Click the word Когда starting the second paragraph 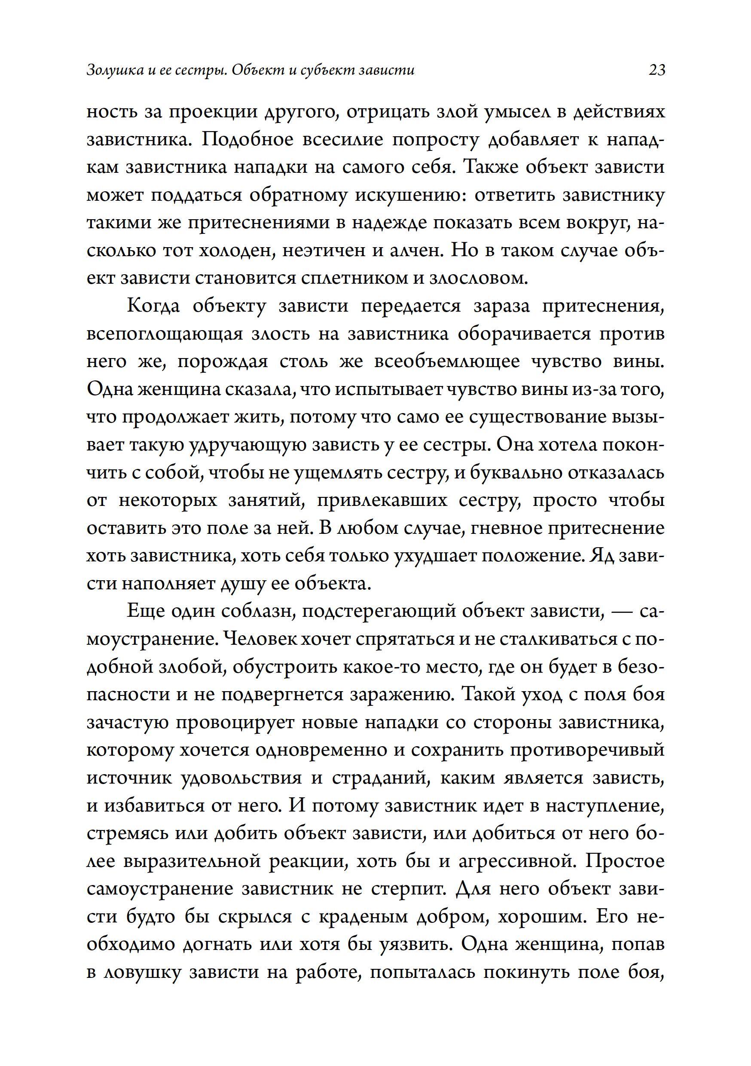pyautogui.click(x=153, y=306)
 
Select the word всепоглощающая pyautogui.click(x=165, y=335)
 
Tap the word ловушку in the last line pyautogui.click(x=142, y=972)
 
